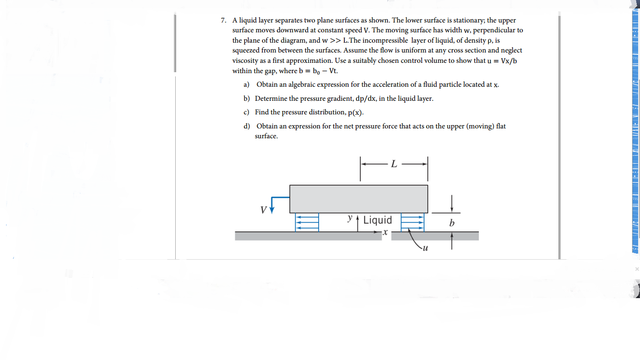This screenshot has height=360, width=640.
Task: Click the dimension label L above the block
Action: pyautogui.click(x=394, y=164)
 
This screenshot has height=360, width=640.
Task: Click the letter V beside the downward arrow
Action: pyautogui.click(x=264, y=210)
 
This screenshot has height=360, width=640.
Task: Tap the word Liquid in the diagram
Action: pyautogui.click(x=378, y=220)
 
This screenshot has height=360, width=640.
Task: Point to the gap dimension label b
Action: pyautogui.click(x=452, y=223)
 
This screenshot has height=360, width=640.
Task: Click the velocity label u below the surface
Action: pyautogui.click(x=425, y=248)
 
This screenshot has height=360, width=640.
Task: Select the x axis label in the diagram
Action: pyautogui.click(x=385, y=232)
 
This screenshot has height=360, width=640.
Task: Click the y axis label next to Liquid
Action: pyautogui.click(x=350, y=218)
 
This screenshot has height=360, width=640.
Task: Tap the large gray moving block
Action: pyautogui.click(x=358, y=199)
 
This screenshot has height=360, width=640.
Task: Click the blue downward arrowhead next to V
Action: pyautogui.click(x=272, y=209)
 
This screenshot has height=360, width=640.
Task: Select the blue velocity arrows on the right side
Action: pyautogui.click(x=412, y=222)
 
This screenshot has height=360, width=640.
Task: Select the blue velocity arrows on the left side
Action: pyautogui.click(x=307, y=222)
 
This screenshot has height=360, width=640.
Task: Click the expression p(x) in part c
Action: pyautogui.click(x=356, y=113)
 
